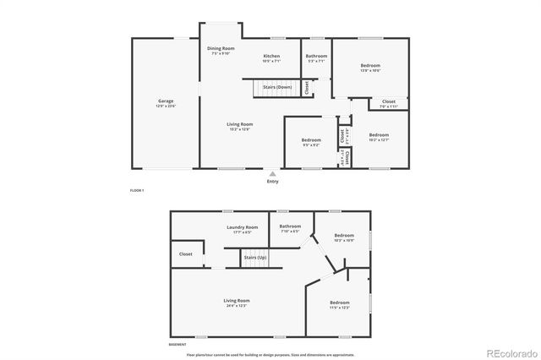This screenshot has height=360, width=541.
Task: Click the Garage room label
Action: tap(166, 101)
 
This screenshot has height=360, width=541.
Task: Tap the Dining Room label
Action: tap(221, 49)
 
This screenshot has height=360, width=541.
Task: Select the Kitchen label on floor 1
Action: tap(271, 57)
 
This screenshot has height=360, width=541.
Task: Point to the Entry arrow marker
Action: tap(272, 173)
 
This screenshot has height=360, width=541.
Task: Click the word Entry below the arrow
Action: tap(272, 181)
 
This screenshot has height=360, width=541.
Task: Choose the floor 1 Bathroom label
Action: tap(316, 57)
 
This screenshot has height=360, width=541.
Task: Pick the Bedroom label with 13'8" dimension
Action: tap(370, 66)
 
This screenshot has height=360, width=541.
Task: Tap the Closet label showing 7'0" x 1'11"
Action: tap(388, 101)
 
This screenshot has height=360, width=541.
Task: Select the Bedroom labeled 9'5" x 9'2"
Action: tap(311, 139)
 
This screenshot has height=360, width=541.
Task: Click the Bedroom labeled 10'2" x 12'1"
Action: tap(379, 135)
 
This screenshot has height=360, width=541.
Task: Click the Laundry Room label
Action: tap(241, 228)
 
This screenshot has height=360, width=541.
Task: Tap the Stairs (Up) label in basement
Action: tap(255, 256)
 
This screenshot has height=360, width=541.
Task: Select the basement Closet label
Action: tap(186, 254)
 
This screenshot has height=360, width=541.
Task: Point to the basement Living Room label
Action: tap(236, 301)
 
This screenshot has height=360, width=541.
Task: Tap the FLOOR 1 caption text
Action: tap(137, 192)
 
